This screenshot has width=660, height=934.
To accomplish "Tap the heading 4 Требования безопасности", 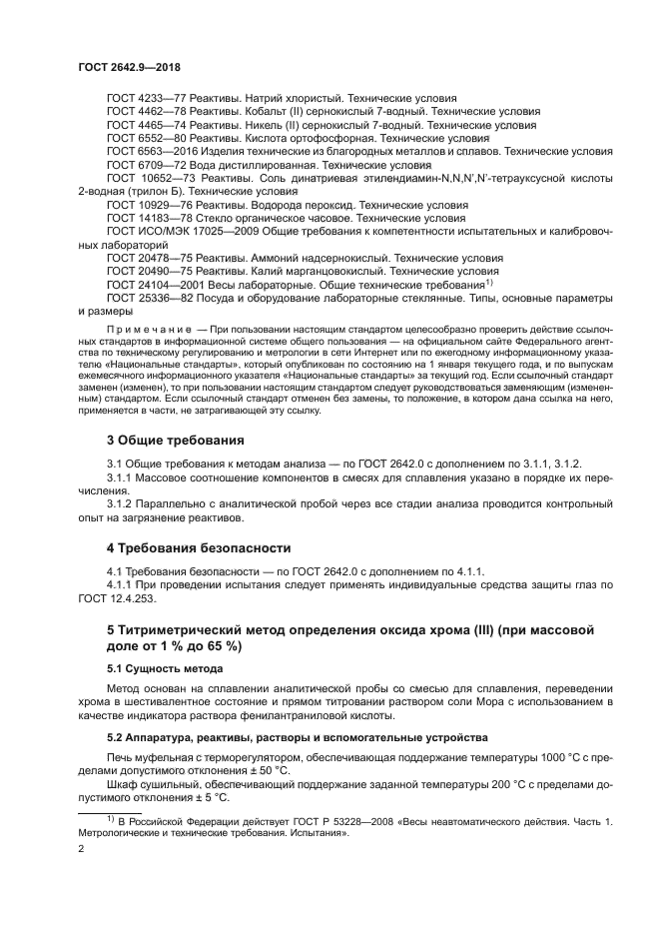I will (x=199, y=547).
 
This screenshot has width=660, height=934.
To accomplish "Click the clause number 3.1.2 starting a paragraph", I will (x=120, y=502).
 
